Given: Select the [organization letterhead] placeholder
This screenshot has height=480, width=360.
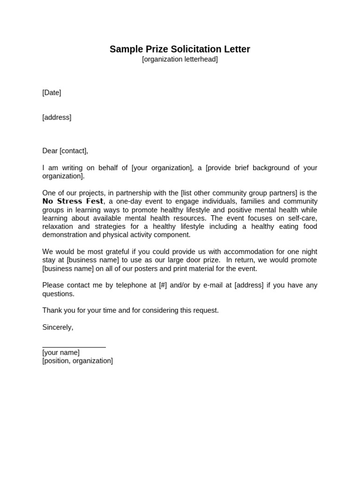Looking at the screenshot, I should tap(180, 60).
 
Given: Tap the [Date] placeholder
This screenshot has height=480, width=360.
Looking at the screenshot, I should tap(52, 93).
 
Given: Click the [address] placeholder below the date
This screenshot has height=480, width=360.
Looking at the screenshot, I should tap(57, 118).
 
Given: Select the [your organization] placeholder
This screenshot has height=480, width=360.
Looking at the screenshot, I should tap(162, 168).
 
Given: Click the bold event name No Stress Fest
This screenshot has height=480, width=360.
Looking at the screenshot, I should tap(73, 202).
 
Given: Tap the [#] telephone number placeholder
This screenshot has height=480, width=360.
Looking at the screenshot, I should tap(163, 285).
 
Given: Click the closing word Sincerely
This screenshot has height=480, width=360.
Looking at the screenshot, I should tap(57, 327).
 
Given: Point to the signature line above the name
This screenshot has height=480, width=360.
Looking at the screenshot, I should tap(74, 347).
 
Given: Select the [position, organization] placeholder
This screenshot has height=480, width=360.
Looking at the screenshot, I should tap(77, 361).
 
